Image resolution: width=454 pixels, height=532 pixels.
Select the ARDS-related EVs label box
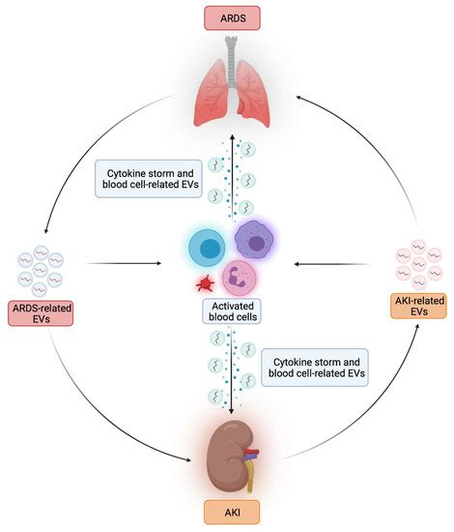(44, 312)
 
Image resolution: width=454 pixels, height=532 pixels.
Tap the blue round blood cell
(205, 249)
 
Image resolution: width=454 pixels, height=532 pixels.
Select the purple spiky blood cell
(255, 238)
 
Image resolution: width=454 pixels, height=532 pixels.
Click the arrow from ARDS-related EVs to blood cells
(126, 261)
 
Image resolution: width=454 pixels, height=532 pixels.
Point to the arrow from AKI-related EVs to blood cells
(333, 261)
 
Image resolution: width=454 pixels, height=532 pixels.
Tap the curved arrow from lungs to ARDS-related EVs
(87, 145)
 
